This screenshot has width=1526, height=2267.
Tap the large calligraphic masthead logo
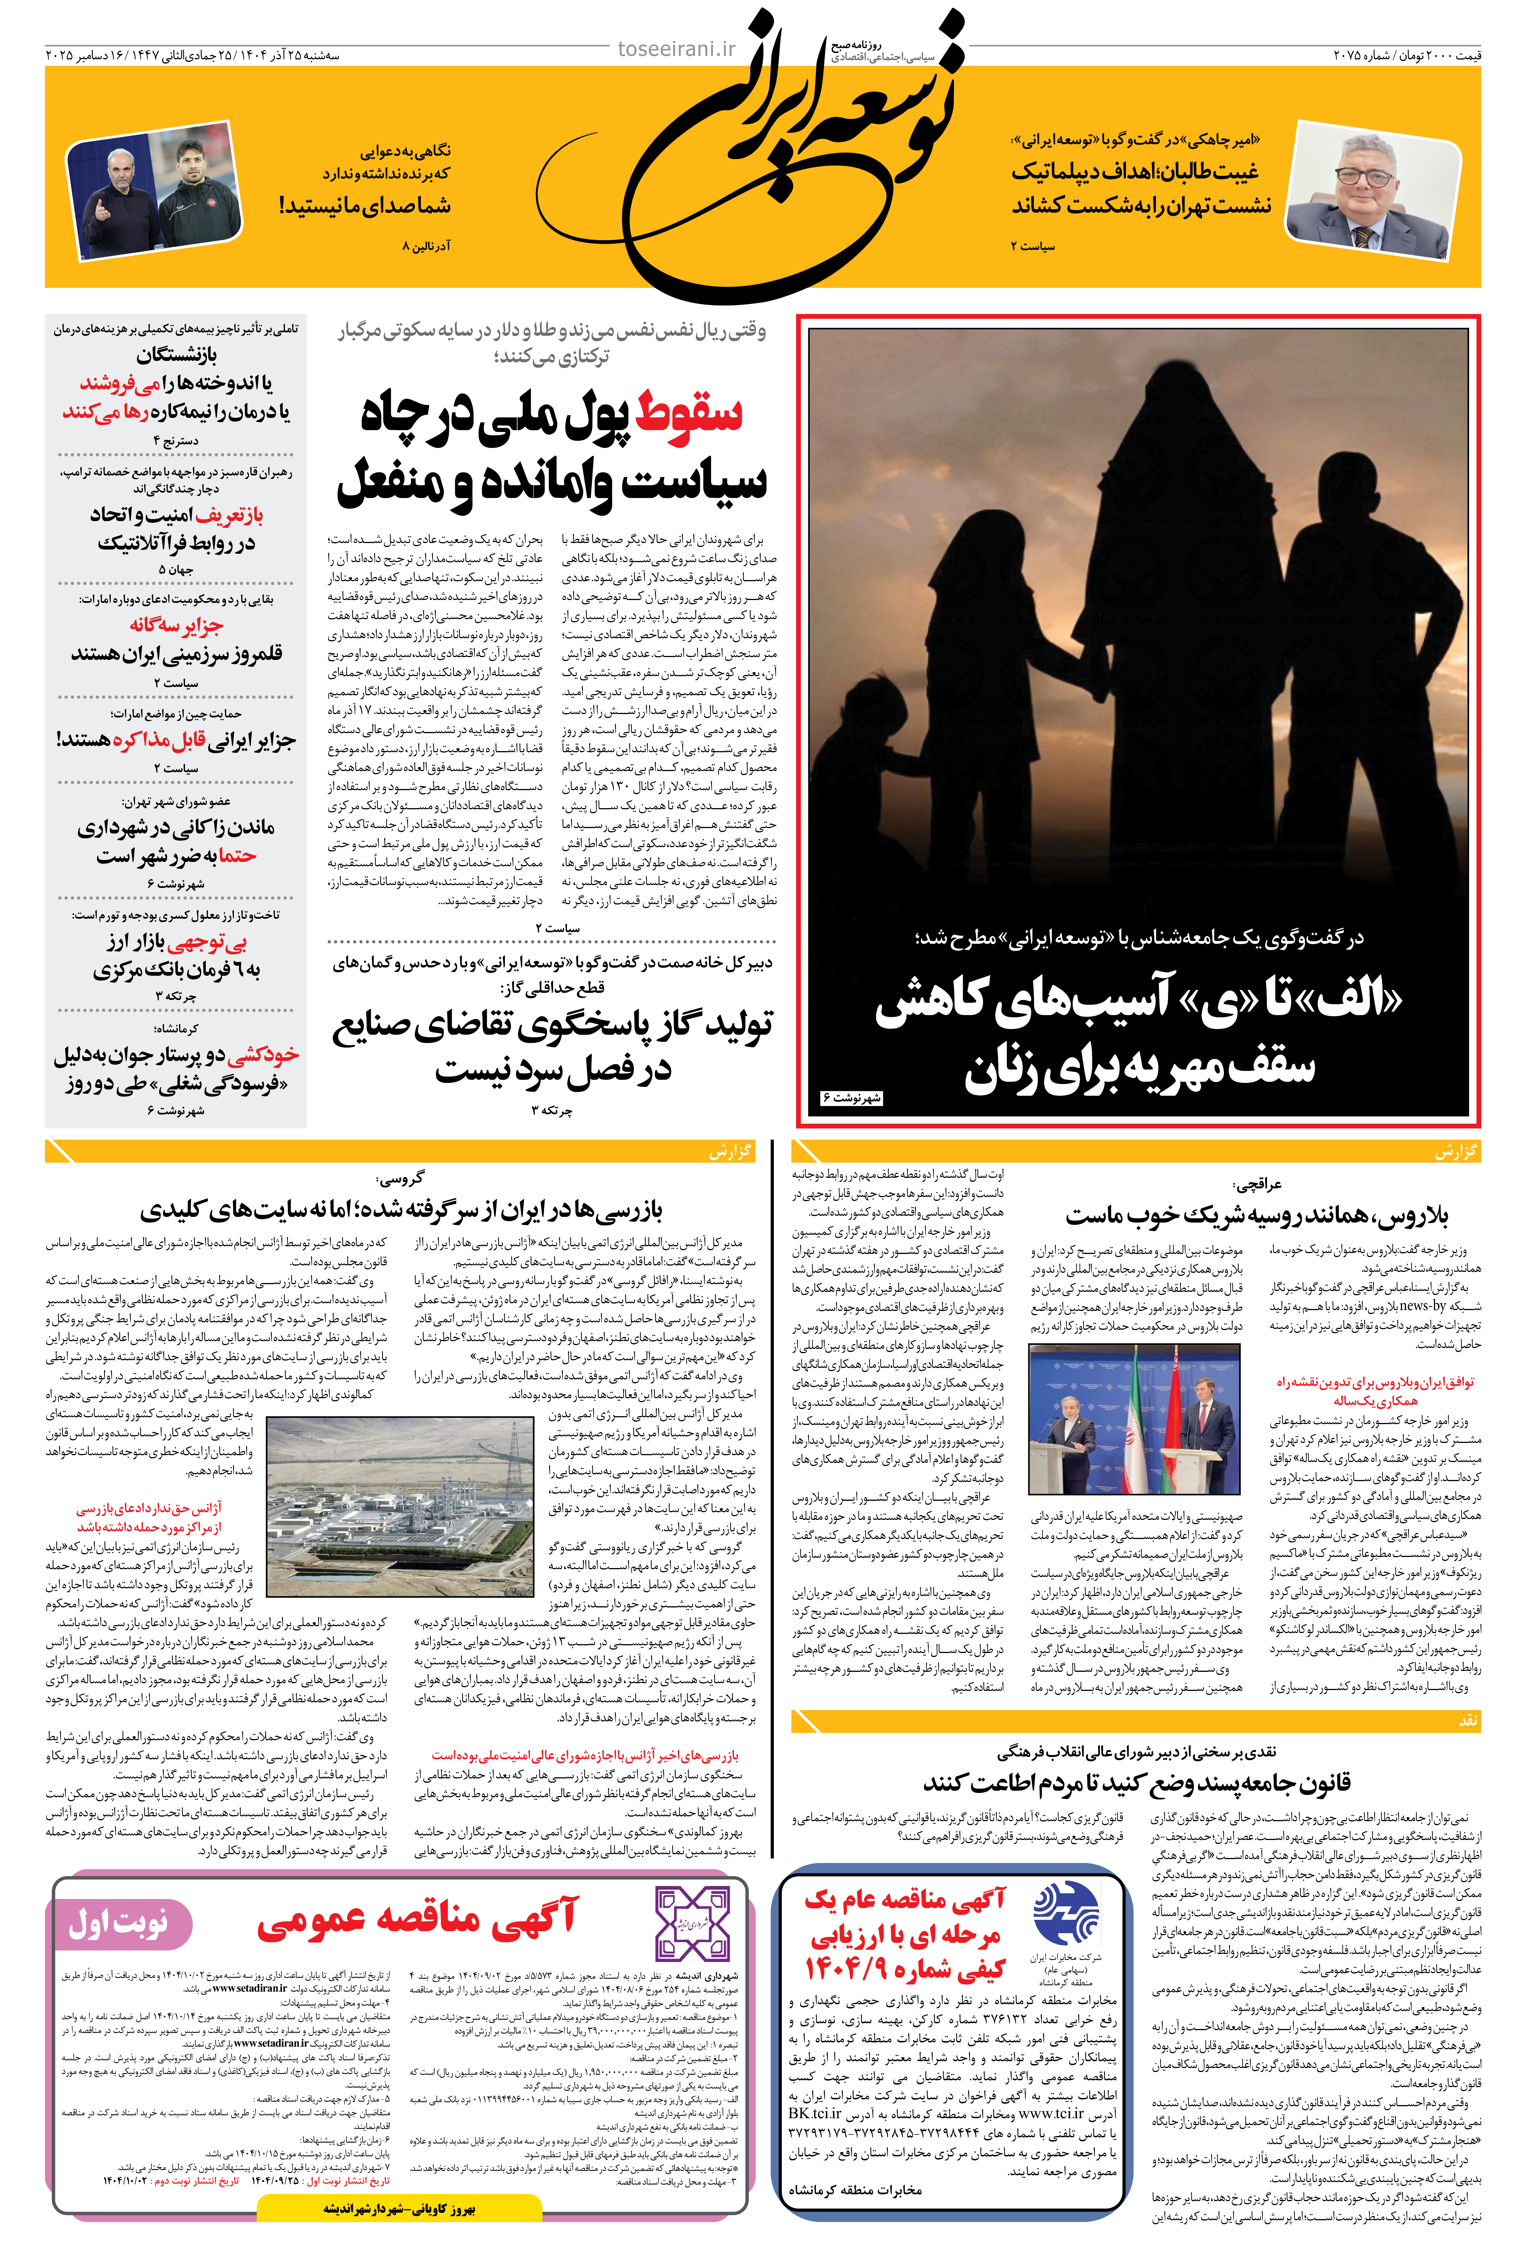(x=793, y=156)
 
